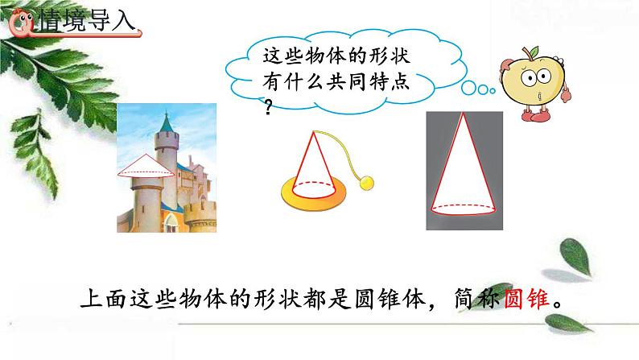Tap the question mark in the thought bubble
(x=269, y=106)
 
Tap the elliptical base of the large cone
(x=461, y=207)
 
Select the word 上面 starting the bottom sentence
(x=103, y=299)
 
